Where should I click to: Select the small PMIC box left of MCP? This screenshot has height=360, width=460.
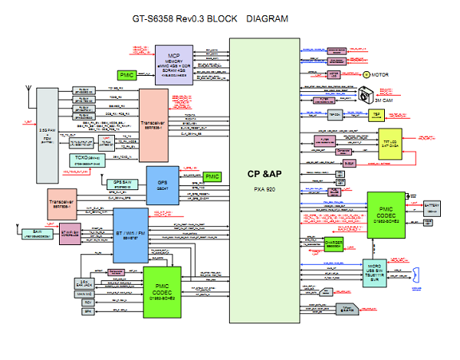127,75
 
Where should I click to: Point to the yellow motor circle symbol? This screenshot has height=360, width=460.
363,75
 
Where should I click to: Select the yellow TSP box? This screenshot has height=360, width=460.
376,115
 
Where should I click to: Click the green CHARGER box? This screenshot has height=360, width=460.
334,243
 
